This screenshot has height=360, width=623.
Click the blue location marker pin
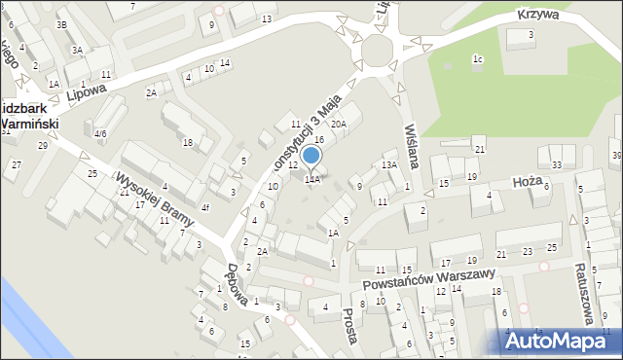pyautogui.click(x=311, y=157)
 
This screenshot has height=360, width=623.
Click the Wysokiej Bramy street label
pyautogui.click(x=156, y=199)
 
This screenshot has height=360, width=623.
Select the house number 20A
pyautogui.click(x=338, y=124)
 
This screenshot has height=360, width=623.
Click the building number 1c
pyautogui.click(x=477, y=59)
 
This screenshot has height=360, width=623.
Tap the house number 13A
pyautogui.click(x=388, y=165)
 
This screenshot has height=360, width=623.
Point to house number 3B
pyautogui.click(x=61, y=23)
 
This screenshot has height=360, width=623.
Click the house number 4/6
pyautogui.click(x=100, y=133)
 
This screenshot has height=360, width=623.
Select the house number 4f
pyautogui.click(x=204, y=207)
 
